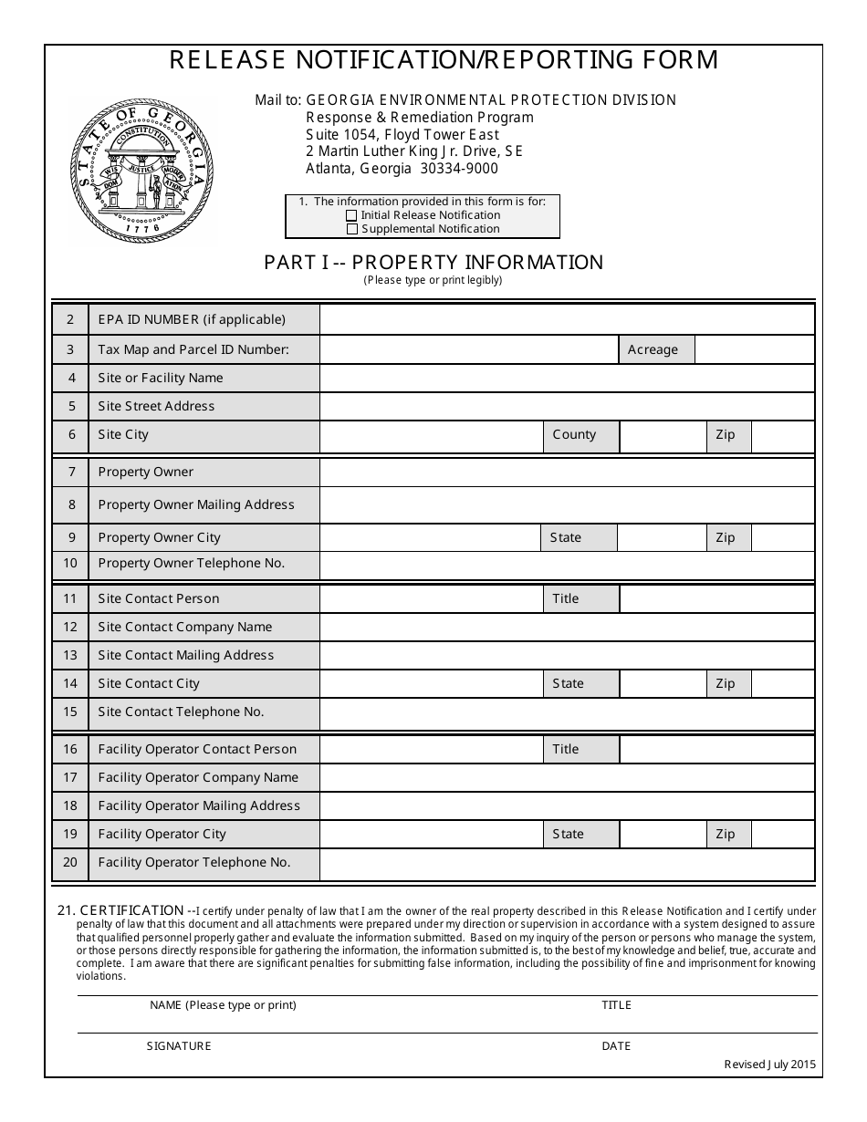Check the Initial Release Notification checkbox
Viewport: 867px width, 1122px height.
(351, 216)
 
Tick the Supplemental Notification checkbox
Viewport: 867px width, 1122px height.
(351, 230)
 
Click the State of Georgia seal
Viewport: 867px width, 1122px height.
(142, 171)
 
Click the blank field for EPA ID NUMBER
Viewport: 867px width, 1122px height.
(567, 319)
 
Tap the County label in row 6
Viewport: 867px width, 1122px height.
(574, 435)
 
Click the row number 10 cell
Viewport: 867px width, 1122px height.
(71, 564)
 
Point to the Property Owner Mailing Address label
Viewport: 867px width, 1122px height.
(196, 504)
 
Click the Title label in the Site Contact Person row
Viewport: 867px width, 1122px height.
(566, 598)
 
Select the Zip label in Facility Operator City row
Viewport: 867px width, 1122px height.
(726, 834)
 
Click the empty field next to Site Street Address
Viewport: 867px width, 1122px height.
(567, 406)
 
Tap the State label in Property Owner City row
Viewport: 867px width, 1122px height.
(566, 537)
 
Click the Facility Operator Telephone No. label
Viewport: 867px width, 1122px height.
(194, 862)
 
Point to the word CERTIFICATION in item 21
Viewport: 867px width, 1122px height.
(132, 910)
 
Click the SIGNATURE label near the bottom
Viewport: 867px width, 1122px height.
(179, 1046)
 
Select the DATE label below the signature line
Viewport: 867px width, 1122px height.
(616, 1046)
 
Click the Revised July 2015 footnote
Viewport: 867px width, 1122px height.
(769, 1064)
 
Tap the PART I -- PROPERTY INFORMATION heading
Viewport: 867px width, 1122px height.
(433, 263)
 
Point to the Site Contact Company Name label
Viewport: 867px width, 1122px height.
(185, 627)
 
